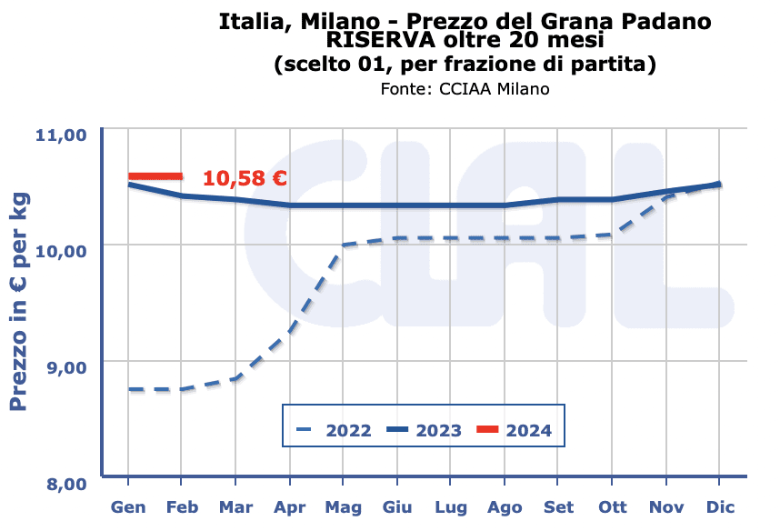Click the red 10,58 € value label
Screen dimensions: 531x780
coord(245,178)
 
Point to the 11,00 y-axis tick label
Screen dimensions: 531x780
coord(60,135)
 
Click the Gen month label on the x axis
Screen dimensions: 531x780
coord(128,507)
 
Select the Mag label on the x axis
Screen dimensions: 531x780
coord(344,507)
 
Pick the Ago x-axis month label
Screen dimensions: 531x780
coord(505,507)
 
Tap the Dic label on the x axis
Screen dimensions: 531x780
coord(721,507)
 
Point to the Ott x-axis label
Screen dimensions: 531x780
coord(613,507)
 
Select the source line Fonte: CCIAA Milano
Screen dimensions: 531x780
coord(465,89)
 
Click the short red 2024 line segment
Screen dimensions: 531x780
coord(155,176)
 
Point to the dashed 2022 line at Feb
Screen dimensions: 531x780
coord(182,389)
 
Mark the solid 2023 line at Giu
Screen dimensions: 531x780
coord(397,205)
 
